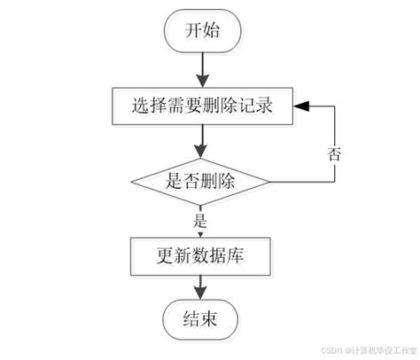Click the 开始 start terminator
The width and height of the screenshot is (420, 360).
[202, 31]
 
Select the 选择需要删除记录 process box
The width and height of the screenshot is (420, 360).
[202, 106]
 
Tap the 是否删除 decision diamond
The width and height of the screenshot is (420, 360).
[202, 182]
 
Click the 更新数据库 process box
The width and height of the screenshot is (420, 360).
[202, 257]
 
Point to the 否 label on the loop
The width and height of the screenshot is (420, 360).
[335, 153]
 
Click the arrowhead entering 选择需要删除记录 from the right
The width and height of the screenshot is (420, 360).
[302, 106]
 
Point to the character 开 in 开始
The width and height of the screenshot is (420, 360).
[191, 31]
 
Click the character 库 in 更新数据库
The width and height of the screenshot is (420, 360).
[235, 257]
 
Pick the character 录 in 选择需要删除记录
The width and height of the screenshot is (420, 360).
[261, 106]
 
